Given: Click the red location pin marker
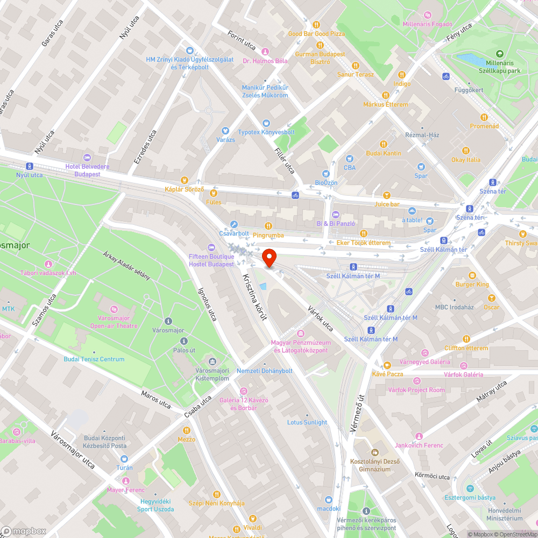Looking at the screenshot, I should click(269, 258).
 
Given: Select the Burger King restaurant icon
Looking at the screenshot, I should click(472, 275).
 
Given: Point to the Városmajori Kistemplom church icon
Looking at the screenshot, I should click(212, 362).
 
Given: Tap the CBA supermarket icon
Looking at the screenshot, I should click(350, 159).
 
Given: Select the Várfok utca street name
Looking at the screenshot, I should click(321, 319).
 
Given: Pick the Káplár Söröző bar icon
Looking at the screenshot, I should click(185, 180).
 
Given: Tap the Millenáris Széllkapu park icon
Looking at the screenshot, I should click(500, 54).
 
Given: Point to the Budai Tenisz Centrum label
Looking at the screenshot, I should click(94, 359).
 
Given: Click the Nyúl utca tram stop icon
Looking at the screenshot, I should click(29, 166).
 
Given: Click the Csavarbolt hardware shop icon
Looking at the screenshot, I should click(234, 224).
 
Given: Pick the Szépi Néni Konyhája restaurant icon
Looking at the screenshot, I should click(216, 494).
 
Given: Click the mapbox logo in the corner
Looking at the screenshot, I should click(24, 531).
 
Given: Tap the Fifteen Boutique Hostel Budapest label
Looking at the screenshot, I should click(211, 260).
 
